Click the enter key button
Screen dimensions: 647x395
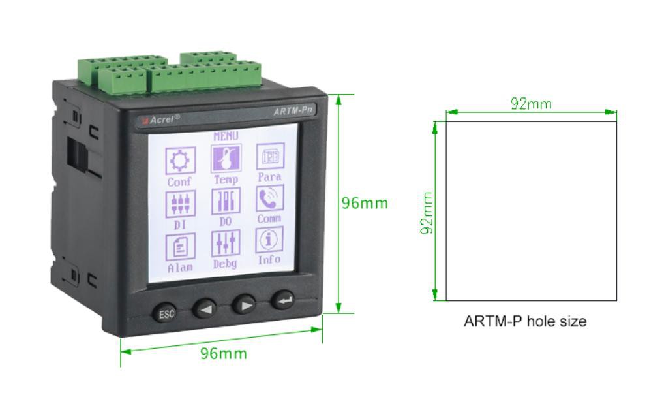(x=284, y=300)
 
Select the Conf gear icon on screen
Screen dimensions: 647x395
(x=180, y=161)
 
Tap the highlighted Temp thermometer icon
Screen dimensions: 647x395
(x=226, y=158)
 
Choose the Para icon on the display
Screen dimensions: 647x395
(x=270, y=156)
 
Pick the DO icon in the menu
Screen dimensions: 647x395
(x=226, y=201)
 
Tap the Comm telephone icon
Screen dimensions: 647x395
(x=270, y=198)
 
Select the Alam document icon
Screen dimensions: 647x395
(x=180, y=247)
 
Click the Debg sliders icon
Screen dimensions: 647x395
(x=225, y=244)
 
